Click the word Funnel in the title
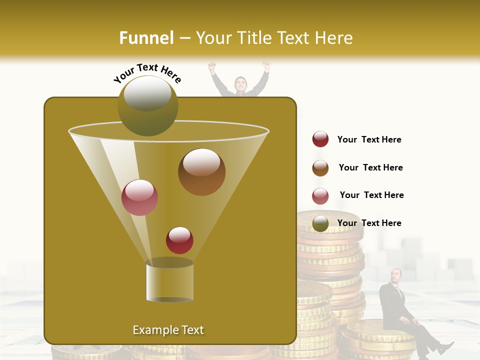pyautogui.click(x=146, y=38)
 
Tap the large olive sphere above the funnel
pyautogui.click(x=148, y=105)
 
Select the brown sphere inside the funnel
pyautogui.click(x=201, y=172)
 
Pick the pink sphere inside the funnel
pyautogui.click(x=139, y=197)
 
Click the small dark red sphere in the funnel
pyautogui.click(x=179, y=240)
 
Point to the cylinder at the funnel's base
pyautogui.click(x=169, y=281)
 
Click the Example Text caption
pyautogui.click(x=168, y=330)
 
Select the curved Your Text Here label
pyautogui.click(x=147, y=73)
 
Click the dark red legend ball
pyautogui.click(x=320, y=139)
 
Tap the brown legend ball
pyautogui.click(x=320, y=168)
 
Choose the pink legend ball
pyautogui.click(x=320, y=196)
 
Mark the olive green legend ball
pyautogui.click(x=320, y=223)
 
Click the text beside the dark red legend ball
pyautogui.click(x=369, y=139)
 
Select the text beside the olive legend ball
pyautogui.click(x=369, y=223)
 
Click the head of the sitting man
pyautogui.click(x=396, y=275)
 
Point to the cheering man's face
pyautogui.click(x=240, y=83)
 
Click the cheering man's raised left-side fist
pyautogui.click(x=212, y=65)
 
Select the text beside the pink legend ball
pyautogui.click(x=371, y=195)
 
